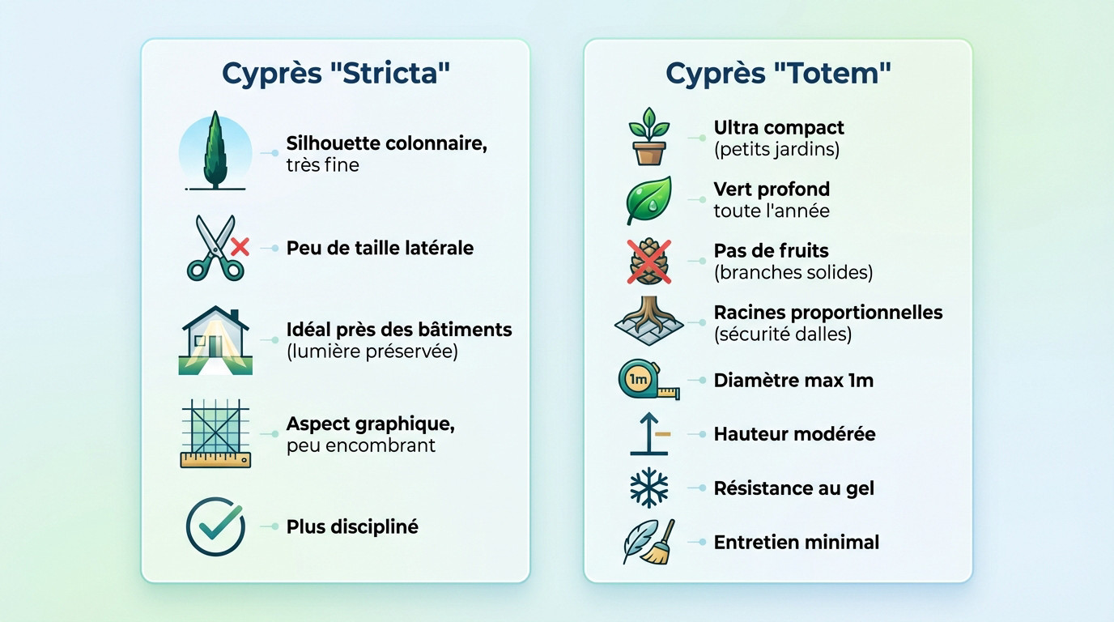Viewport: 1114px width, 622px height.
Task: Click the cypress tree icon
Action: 215,152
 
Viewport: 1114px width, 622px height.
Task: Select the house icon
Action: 215,340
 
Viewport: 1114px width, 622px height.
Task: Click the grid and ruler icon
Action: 215,433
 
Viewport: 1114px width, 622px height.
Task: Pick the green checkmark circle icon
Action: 215,526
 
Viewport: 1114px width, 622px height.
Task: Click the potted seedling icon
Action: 649,137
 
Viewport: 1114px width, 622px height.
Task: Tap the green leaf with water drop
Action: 649,199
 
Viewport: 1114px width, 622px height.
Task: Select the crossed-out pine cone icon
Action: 649,261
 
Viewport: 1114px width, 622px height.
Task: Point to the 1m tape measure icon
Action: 648,381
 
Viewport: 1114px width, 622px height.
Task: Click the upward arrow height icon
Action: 649,434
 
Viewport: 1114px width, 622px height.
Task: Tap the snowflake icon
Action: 649,488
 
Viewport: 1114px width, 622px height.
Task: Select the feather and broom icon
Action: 649,542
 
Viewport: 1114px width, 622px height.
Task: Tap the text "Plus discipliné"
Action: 352,526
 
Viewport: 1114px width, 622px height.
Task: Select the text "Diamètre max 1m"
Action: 793,381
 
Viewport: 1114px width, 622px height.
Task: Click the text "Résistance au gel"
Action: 793,488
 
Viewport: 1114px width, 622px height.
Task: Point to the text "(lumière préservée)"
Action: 372,352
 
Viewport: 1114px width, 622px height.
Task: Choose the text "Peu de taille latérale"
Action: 380,248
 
